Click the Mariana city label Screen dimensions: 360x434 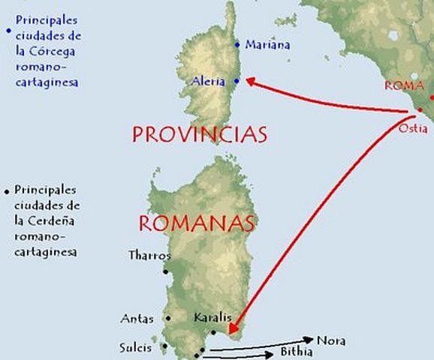tap(267, 45)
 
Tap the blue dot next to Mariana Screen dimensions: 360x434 tap(238, 43)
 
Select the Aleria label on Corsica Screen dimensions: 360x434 tap(209, 82)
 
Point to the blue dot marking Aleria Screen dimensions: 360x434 tap(237, 81)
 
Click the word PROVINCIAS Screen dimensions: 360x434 tap(200, 134)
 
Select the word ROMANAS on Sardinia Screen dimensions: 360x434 tap(197, 223)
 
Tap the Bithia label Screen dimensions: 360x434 tap(296, 351)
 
